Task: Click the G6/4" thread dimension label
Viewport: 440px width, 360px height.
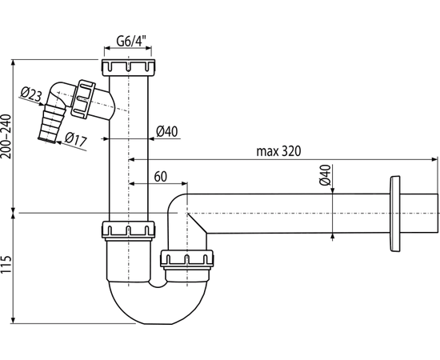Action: pos(131,42)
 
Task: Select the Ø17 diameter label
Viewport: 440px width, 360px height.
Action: pos(76,139)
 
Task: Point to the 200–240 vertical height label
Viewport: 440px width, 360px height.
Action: pos(6,137)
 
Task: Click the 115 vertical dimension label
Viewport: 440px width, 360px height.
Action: pos(6,265)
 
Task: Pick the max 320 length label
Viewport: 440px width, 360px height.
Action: pos(278,151)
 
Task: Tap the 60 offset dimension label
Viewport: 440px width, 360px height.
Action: pos(161,177)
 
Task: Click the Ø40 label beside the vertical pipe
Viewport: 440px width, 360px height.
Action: pos(167,131)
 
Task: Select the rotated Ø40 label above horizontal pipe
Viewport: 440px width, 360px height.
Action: pos(326,175)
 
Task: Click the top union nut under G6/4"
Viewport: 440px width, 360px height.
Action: pos(129,67)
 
